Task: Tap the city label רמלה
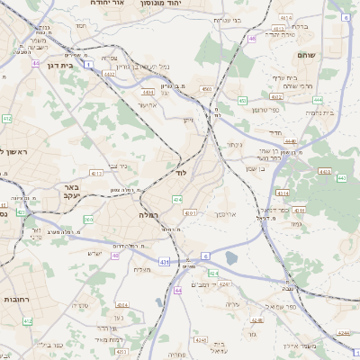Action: coord(148,216)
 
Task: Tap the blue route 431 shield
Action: coord(164,261)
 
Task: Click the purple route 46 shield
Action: coord(254,39)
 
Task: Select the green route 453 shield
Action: coord(243,100)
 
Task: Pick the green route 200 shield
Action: coord(88,220)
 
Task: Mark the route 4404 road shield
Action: coord(148,92)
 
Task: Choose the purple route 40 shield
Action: coord(116,256)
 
